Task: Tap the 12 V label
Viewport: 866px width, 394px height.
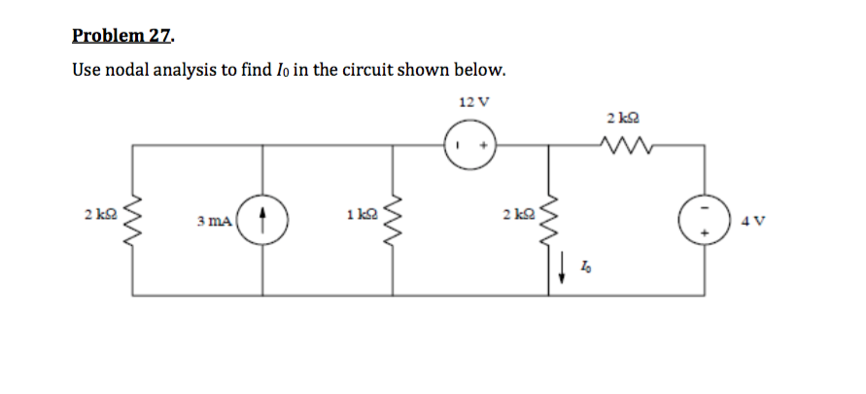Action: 472,102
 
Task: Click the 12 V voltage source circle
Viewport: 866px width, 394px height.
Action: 472,145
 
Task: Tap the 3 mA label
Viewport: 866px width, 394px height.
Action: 213,222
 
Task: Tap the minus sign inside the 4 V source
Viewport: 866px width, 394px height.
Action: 704,206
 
